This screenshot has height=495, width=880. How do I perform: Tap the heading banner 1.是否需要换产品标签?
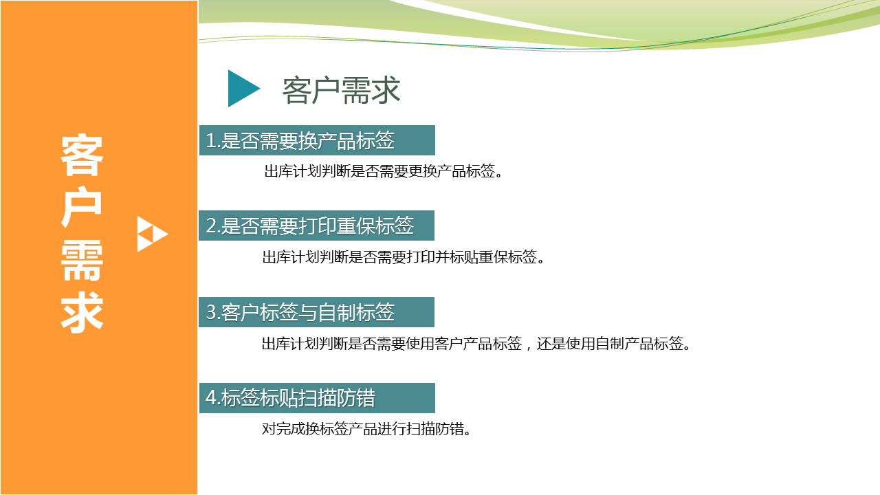pyautogui.click(x=317, y=140)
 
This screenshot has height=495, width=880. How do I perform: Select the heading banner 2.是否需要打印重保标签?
pyautogui.click(x=317, y=225)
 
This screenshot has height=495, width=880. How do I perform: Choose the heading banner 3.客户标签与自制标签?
pyautogui.click(x=317, y=312)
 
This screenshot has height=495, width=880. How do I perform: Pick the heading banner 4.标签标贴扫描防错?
pyautogui.click(x=317, y=398)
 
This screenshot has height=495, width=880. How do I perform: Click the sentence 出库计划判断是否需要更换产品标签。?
pyautogui.click(x=384, y=171)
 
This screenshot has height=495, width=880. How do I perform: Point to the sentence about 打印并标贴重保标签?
pyautogui.click(x=404, y=257)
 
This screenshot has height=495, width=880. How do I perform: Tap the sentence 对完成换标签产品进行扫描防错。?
pyautogui.click(x=366, y=428)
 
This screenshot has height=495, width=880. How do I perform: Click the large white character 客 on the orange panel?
pyautogui.click(x=82, y=155)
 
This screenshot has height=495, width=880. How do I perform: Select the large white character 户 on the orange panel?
pyautogui.click(x=82, y=208)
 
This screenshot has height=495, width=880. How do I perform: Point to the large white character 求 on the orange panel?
pyautogui.click(x=82, y=312)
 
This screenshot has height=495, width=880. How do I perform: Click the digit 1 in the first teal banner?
pyautogui.click(x=210, y=141)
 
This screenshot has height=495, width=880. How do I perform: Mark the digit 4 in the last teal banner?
pyautogui.click(x=211, y=397)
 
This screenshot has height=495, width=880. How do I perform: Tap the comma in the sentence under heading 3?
pyautogui.click(x=528, y=347)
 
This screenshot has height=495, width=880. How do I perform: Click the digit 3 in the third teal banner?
pyautogui.click(x=211, y=312)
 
